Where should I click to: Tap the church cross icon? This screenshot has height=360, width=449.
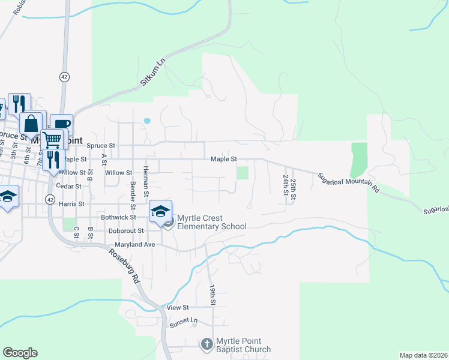206,344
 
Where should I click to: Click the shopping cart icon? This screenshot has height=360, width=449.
53,139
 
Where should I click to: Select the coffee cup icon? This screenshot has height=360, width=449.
62,124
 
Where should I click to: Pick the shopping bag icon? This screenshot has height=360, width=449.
31,122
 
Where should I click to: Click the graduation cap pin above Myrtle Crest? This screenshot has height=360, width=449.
160,211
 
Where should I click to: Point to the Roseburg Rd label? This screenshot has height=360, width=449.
124,266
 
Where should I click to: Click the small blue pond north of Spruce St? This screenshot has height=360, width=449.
147,121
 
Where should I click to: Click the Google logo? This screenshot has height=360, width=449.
20,353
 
